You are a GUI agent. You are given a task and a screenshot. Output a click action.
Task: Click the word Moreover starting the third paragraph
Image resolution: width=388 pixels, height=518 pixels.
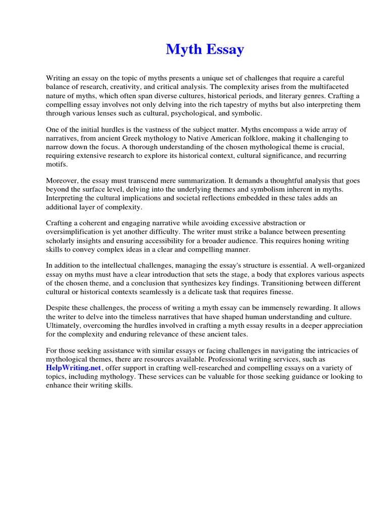[x=63, y=181]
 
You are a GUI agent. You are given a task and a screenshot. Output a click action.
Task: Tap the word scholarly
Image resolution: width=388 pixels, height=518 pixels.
[x=65, y=241]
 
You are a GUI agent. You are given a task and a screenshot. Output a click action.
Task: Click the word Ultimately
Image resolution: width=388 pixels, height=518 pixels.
[x=65, y=326]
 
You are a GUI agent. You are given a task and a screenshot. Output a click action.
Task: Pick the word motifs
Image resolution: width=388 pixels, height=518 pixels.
[x=58, y=164]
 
